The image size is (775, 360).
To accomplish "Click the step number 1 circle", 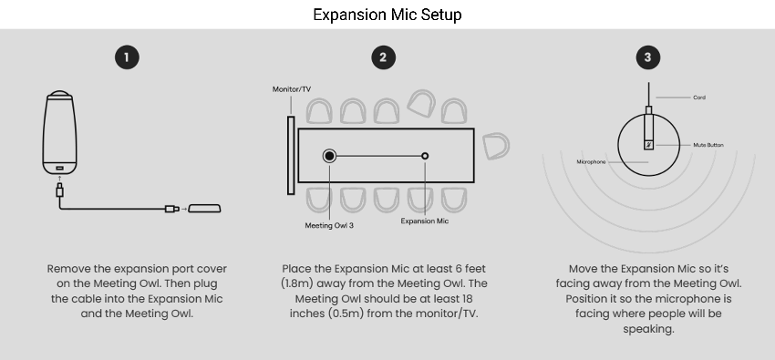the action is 127,57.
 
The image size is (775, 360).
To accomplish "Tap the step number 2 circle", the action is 383,57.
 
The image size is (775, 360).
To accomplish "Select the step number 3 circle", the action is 648,57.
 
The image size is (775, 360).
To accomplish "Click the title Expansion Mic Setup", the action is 387,15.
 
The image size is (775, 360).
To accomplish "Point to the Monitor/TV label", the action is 292,89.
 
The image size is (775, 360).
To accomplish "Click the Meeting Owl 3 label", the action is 329,226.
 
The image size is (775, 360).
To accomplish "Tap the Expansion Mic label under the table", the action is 425,221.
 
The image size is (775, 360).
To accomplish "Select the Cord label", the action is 699,98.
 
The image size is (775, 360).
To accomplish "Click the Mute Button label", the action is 708,145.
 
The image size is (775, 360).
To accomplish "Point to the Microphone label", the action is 591,162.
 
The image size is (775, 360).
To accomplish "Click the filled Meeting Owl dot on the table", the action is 329,156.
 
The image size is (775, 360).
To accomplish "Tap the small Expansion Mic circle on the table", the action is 425,156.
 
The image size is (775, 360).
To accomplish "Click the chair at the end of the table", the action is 496,146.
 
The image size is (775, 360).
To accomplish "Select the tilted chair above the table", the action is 421,103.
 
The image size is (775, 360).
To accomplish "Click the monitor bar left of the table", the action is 291,156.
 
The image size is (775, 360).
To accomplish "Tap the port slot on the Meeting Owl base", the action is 60,169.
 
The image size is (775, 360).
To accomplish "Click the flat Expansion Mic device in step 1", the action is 204,209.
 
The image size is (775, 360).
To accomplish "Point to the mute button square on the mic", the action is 648,145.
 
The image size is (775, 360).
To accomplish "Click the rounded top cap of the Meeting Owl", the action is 60,93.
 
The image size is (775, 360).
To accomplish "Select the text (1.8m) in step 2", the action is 297,283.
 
